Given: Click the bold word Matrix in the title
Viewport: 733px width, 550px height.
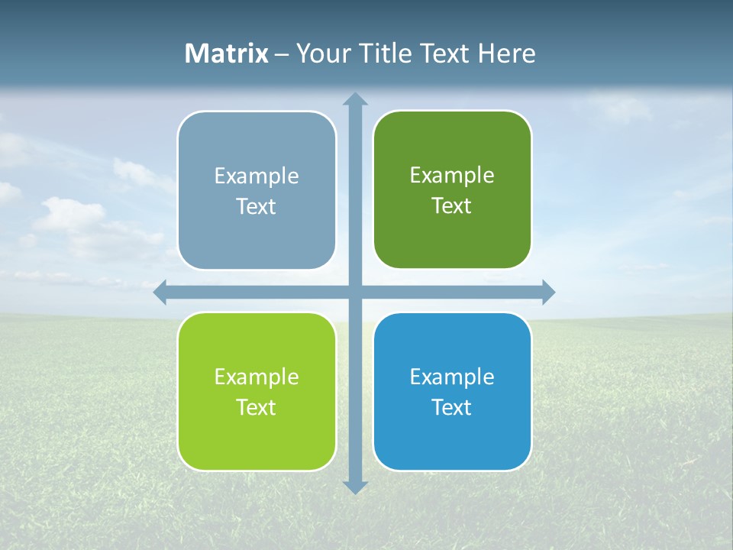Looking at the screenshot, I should (227, 53).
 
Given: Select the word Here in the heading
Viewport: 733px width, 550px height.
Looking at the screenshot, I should (507, 53).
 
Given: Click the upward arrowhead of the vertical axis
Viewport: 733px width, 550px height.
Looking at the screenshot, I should (354, 99).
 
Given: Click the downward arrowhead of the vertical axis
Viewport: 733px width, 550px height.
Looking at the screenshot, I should (354, 487).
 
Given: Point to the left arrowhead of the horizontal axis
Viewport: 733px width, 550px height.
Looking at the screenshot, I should (160, 292).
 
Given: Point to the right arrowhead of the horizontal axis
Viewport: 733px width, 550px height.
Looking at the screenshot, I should (547, 292).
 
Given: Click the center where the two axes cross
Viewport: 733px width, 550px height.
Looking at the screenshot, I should (354, 292).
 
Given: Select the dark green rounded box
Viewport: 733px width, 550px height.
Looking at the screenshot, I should (452, 237).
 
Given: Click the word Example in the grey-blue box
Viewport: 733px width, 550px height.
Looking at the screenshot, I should (257, 176).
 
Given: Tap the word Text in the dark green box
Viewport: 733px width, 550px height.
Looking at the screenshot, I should (452, 206).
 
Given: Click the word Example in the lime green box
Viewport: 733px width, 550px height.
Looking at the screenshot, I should (257, 377).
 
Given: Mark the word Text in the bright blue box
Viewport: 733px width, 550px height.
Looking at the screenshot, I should (452, 407).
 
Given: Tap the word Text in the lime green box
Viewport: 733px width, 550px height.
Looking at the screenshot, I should (257, 407).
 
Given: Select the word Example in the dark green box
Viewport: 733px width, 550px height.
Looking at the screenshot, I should (452, 176).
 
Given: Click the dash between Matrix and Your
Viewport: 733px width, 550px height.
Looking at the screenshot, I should (283, 54).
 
